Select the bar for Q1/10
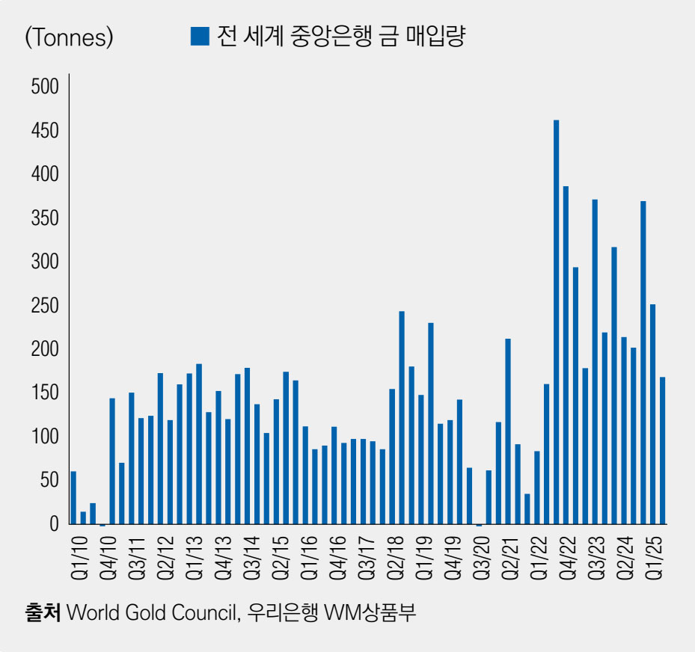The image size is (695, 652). pyautogui.click(x=73, y=497)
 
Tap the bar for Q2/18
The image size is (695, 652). pyautogui.click(x=392, y=456)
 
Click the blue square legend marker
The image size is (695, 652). pyautogui.click(x=200, y=36)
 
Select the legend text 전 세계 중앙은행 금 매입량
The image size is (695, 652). pyautogui.click(x=340, y=36)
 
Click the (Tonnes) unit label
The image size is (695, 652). pyautogui.click(x=69, y=37)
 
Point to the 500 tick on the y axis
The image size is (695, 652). pyautogui.click(x=44, y=87)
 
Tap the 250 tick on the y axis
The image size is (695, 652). pyautogui.click(x=44, y=306)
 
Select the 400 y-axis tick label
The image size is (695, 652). pyautogui.click(x=44, y=174)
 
